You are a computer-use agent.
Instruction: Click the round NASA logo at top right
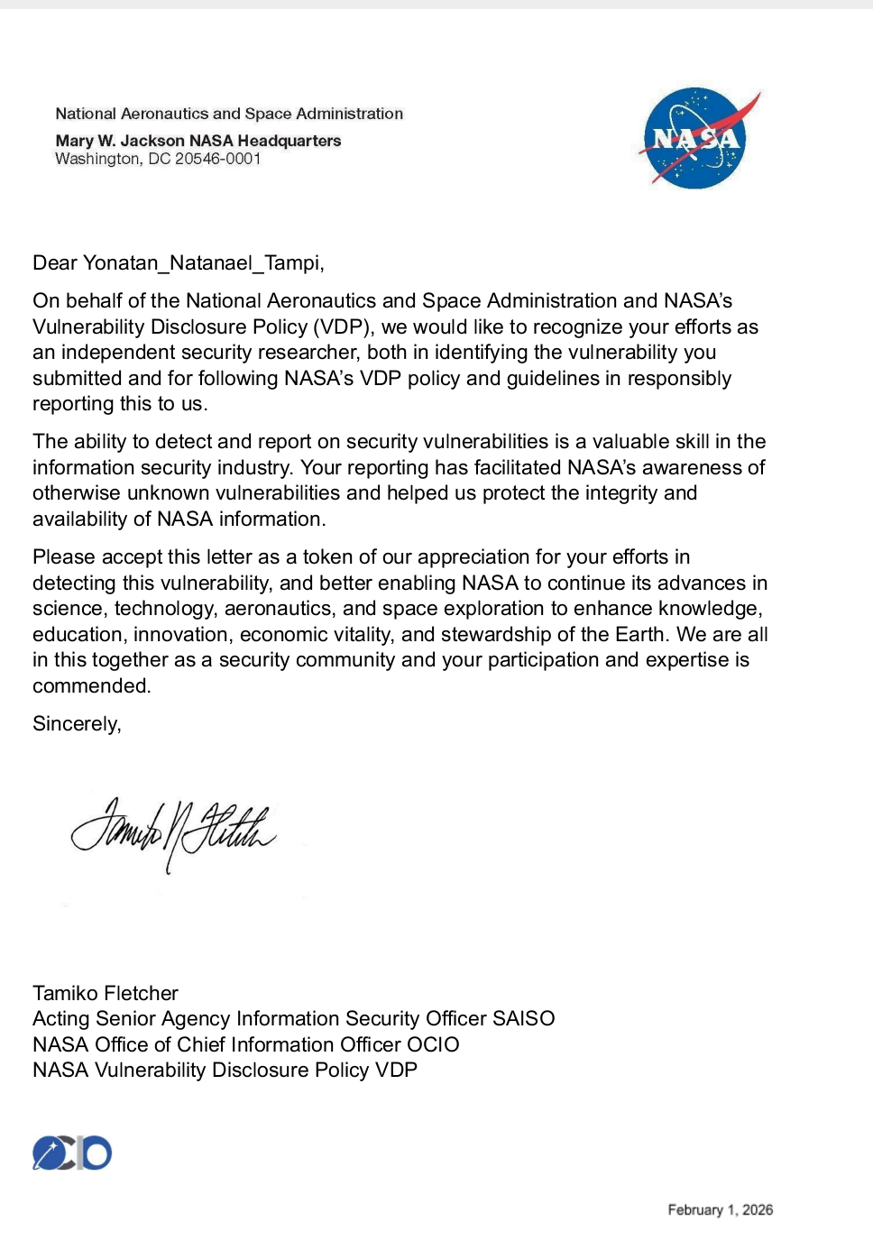tap(695, 138)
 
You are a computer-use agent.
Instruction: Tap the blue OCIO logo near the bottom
tap(72, 1153)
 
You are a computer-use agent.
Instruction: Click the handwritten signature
tap(173, 830)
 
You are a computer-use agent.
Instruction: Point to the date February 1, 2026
tap(720, 1210)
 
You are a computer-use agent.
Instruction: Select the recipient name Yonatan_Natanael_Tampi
tap(202, 263)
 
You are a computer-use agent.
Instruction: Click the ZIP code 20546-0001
tap(217, 160)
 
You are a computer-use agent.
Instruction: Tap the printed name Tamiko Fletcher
tap(106, 993)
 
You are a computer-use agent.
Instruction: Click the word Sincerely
tap(76, 724)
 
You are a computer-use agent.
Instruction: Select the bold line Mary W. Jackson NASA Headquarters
tap(198, 141)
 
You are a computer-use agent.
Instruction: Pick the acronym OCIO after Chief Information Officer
tap(433, 1044)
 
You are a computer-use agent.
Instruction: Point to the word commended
tap(90, 686)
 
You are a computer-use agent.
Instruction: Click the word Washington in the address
tap(97, 160)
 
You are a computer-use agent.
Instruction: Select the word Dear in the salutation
tap(55, 263)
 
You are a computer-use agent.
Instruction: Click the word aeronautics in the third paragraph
tap(277, 609)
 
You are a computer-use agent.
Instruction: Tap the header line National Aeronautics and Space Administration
tap(229, 114)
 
